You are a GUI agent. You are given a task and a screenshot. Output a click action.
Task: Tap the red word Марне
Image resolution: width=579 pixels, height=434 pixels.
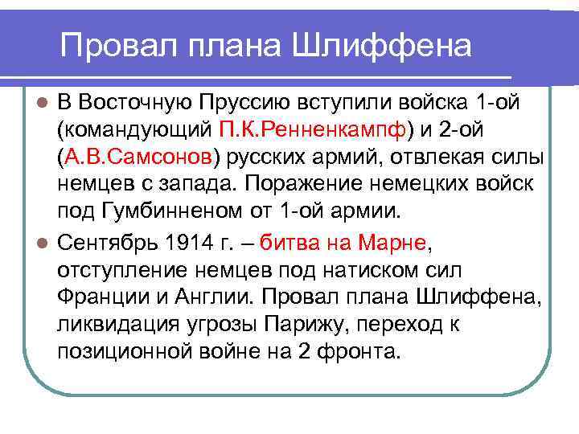[392, 240]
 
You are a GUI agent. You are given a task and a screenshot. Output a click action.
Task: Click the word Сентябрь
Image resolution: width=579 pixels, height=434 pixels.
[105, 240]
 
